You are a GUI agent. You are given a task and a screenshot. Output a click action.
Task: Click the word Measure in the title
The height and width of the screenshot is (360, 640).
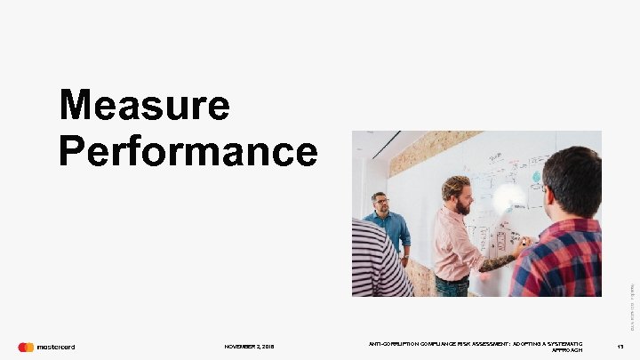point(145,107)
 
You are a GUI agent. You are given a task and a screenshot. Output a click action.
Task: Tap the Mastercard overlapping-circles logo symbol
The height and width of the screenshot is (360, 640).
point(26,347)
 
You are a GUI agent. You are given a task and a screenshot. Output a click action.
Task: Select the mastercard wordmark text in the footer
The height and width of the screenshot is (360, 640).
point(55,347)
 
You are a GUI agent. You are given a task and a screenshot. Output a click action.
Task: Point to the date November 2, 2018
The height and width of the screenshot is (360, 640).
point(250,348)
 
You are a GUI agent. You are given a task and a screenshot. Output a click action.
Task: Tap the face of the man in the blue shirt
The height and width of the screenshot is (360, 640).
point(380,204)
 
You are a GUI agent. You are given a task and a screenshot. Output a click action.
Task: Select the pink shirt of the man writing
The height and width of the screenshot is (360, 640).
point(456,244)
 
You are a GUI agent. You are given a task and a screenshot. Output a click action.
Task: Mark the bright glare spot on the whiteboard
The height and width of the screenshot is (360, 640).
point(509,197)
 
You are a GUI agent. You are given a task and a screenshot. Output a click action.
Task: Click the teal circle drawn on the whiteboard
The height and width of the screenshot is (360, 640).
point(536,177)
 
